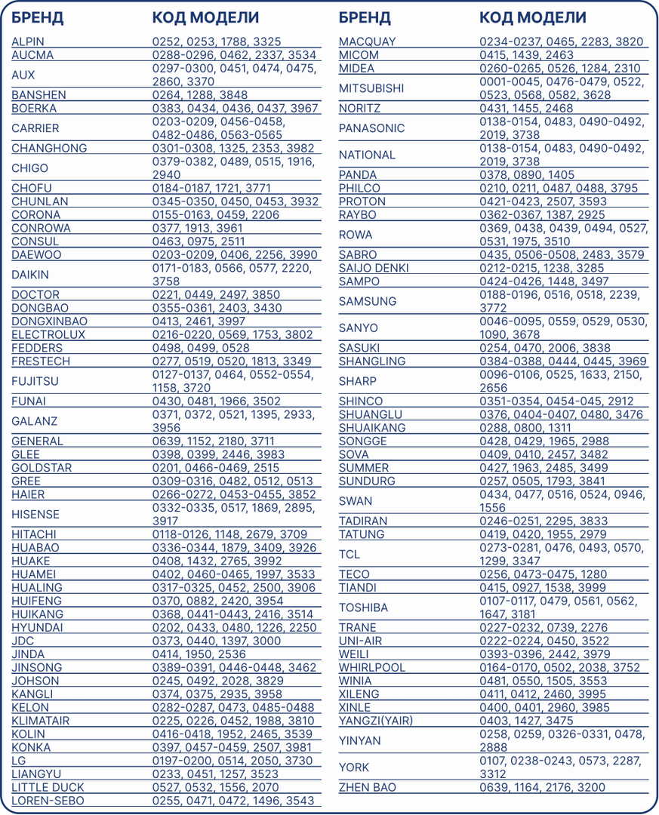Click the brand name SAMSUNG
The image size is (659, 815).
click(368, 302)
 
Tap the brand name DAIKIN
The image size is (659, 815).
click(30, 275)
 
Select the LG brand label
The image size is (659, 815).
click(18, 761)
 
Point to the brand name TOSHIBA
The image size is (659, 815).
click(363, 607)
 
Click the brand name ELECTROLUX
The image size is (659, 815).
click(48, 334)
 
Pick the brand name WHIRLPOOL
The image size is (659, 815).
click(371, 668)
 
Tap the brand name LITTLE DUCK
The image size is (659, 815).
click(48, 787)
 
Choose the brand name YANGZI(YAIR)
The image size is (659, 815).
click(375, 721)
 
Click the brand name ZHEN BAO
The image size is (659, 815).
click(367, 787)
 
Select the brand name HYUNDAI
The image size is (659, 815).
click(37, 628)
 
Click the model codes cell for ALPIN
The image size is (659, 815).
click(217, 42)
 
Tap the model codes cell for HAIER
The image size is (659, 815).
click(234, 495)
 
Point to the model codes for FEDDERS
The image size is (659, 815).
click(201, 348)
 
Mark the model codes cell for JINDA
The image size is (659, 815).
click(199, 654)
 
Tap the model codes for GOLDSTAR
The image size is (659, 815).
click(215, 468)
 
